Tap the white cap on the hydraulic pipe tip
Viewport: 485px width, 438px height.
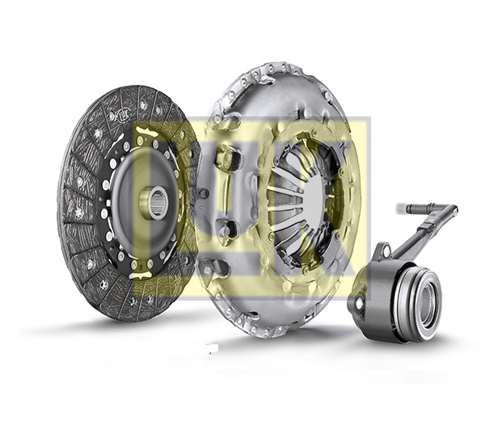tap(402, 208)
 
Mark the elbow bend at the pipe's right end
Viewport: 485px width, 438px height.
tap(449, 212)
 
